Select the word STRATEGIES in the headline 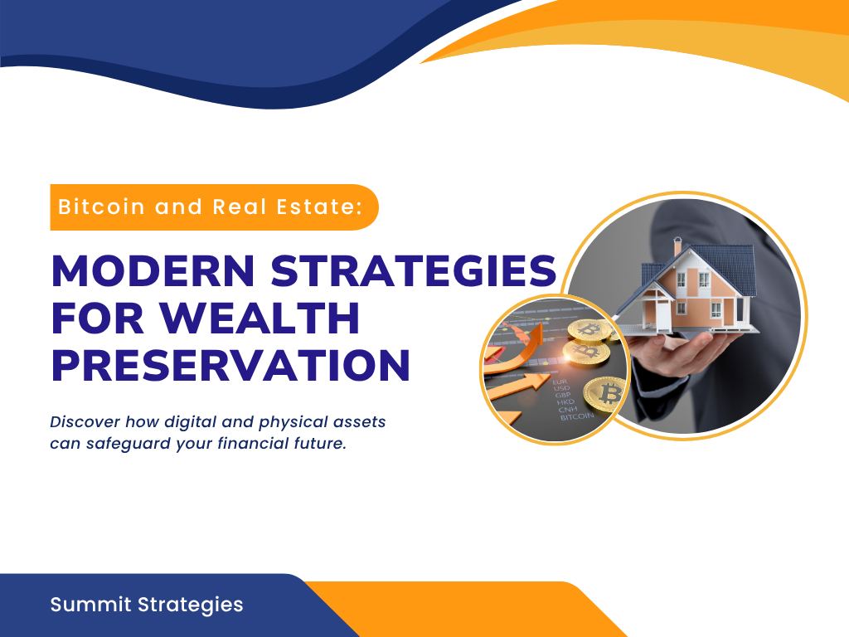414,270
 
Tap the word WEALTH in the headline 260,318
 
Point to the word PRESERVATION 230,366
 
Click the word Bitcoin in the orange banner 102,207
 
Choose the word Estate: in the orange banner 319,207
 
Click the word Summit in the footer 90,604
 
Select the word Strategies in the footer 190,605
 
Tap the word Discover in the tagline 85,421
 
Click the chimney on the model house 678,246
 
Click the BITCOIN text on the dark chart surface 577,416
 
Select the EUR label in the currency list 560,382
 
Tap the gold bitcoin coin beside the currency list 605,394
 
